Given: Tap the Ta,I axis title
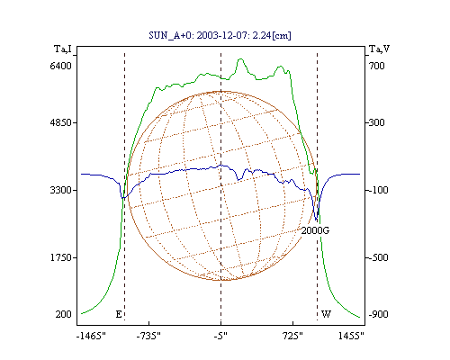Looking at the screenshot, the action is pyautogui.click(x=63, y=49).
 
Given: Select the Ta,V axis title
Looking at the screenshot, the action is pyautogui.click(x=380, y=49).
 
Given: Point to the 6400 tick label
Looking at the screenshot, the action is pyautogui.click(x=61, y=66).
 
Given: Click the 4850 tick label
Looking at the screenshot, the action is pyautogui.click(x=61, y=122).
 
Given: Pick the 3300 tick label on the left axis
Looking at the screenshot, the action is pyautogui.click(x=61, y=190).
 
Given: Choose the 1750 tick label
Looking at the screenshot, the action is pyautogui.click(x=61, y=257).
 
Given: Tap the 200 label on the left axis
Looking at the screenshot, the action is pyautogui.click(x=64, y=314).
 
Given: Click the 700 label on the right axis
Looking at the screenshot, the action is pyautogui.click(x=377, y=66).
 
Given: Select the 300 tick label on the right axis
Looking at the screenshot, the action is pyautogui.click(x=377, y=122).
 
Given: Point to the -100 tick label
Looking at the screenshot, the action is pyautogui.click(x=378, y=190).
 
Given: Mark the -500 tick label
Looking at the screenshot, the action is pyautogui.click(x=378, y=257).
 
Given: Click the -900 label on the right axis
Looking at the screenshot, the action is pyautogui.click(x=378, y=314).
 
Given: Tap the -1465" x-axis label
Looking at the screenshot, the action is pyautogui.click(x=91, y=336).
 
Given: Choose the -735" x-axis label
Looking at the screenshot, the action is pyautogui.click(x=148, y=336).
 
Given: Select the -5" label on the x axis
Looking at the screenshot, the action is pyautogui.click(x=220, y=336).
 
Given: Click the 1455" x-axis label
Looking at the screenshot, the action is pyautogui.click(x=351, y=336).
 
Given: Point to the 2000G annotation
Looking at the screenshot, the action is pyautogui.click(x=315, y=230).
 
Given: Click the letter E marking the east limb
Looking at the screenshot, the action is pyautogui.click(x=119, y=314).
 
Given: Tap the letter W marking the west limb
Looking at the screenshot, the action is pyautogui.click(x=326, y=314).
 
